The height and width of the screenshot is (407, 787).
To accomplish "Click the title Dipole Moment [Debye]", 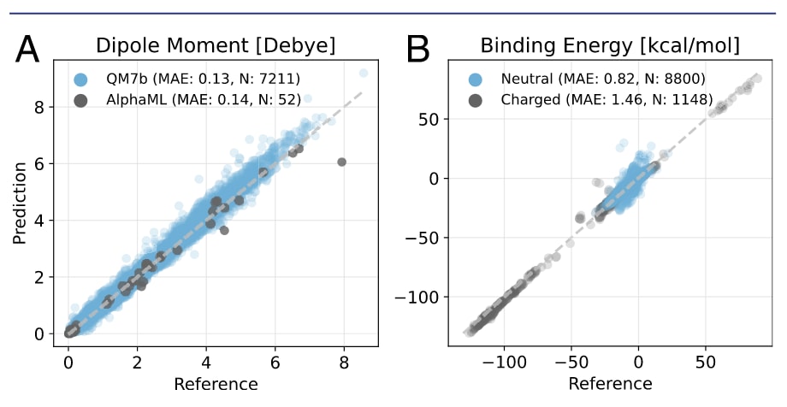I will coord(215,45).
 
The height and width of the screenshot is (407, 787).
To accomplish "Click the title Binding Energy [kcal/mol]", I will coord(609,45).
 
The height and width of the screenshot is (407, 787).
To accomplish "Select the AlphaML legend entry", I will coord(189,100).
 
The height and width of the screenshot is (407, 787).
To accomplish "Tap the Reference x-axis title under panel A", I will coord(216,384).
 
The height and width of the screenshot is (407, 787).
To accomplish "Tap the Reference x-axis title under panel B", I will coord(610,384).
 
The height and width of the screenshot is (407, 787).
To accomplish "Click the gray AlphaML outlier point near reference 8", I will coord(341,162).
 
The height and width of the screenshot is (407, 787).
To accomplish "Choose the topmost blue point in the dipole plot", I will coord(364,74).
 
